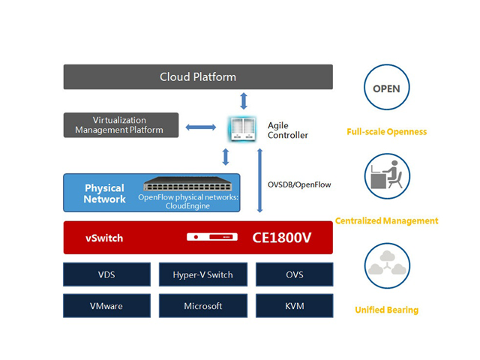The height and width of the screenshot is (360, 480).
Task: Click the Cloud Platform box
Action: (197, 77)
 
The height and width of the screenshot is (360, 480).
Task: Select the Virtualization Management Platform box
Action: (120, 125)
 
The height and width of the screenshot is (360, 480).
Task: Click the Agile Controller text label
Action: (287, 130)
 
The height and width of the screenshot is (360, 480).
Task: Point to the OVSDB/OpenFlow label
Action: (299, 184)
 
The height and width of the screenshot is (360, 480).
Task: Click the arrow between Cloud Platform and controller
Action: (242, 100)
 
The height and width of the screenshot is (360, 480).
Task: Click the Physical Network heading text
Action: (104, 193)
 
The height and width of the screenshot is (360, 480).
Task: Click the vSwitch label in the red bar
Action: (104, 238)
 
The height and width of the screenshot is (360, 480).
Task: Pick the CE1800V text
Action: (280, 238)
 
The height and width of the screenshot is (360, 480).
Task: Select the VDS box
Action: (106, 274)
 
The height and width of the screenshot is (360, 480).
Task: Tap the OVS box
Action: (294, 274)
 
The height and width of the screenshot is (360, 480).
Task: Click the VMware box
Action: (106, 305)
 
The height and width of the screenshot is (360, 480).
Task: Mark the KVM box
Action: (294, 305)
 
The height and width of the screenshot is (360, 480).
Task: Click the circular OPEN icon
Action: (386, 88)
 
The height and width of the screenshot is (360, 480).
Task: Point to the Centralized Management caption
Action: (387, 220)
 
